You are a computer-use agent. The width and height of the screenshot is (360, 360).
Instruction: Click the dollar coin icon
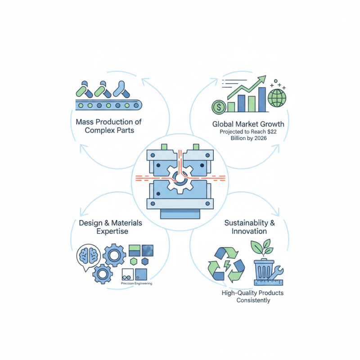pyautogui.click(x=219, y=107)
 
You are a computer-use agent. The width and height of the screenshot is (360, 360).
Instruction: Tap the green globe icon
pyautogui.click(x=276, y=97)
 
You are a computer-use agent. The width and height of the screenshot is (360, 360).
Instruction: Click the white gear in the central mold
pyautogui.click(x=180, y=179)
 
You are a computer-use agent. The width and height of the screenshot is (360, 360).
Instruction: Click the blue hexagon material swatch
pyautogui.click(x=145, y=261)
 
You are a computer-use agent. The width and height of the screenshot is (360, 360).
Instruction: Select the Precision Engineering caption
pyautogui.click(x=136, y=283)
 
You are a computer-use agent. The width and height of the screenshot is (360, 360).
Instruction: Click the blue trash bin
pyautogui.click(x=265, y=268)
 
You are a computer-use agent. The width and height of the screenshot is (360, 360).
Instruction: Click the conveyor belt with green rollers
pyautogui.click(x=108, y=105)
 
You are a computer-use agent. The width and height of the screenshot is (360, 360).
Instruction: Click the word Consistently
pyautogui.click(x=253, y=300)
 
